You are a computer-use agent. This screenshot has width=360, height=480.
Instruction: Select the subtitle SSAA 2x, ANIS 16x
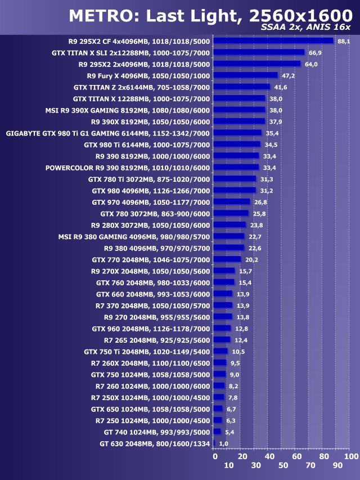307,28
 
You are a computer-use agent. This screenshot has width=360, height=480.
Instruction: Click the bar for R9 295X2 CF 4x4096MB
273,41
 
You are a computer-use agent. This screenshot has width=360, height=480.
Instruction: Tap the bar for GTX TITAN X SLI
259,52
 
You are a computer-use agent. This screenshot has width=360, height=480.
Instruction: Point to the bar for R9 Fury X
246,75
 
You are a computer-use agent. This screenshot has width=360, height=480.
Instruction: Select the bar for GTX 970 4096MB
232,201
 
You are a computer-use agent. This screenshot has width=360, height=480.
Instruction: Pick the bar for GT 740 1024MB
217,432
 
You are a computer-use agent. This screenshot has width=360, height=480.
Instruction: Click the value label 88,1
343,41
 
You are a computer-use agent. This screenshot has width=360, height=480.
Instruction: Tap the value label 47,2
288,75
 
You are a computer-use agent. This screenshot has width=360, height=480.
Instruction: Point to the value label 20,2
251,259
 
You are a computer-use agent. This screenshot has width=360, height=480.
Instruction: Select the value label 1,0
223,443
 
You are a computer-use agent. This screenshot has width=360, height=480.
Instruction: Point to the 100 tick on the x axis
351,456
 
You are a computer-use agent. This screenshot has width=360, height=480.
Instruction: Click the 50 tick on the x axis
283,466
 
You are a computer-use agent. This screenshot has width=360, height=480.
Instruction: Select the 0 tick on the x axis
215,456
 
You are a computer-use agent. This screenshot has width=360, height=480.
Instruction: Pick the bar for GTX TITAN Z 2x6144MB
242,87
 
